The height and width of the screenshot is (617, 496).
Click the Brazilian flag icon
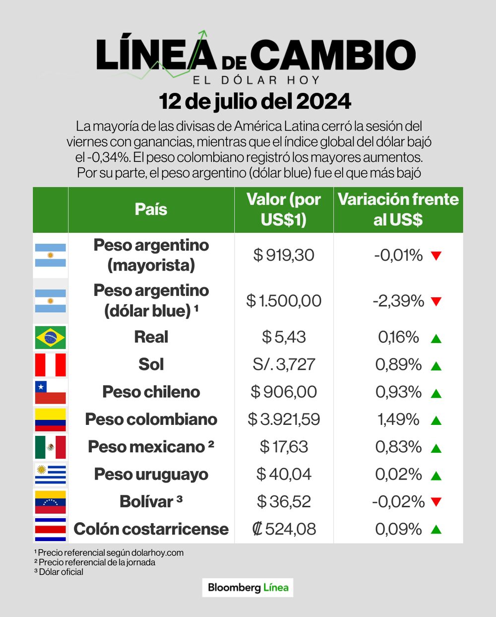[x=50, y=337]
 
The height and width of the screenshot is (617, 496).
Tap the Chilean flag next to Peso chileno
[x=50, y=392]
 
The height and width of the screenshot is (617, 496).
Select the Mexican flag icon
[x=50, y=447]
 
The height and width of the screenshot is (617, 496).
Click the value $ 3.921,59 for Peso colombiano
[x=284, y=419]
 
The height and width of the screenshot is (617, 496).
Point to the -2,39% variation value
[x=398, y=301]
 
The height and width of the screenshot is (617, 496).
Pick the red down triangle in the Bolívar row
[x=436, y=502]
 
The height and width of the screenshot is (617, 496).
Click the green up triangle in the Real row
[x=436, y=339]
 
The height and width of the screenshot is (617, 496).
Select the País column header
[x=151, y=209]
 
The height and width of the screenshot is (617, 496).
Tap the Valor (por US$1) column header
[x=284, y=209]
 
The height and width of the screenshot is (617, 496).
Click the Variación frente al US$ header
[x=398, y=209]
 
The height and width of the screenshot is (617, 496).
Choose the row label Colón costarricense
[x=151, y=529]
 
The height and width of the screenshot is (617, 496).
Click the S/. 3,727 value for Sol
[x=284, y=365]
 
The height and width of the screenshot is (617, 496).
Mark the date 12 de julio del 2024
[x=255, y=101]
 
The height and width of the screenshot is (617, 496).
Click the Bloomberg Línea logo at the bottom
[x=248, y=588]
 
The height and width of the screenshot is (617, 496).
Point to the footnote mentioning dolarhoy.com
[x=109, y=552]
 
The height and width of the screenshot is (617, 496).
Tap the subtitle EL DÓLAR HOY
[x=256, y=80]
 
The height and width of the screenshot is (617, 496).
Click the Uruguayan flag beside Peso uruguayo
[x=50, y=474]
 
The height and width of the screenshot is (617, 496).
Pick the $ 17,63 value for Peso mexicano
[x=284, y=447]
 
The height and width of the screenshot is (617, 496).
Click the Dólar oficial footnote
[x=59, y=572]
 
